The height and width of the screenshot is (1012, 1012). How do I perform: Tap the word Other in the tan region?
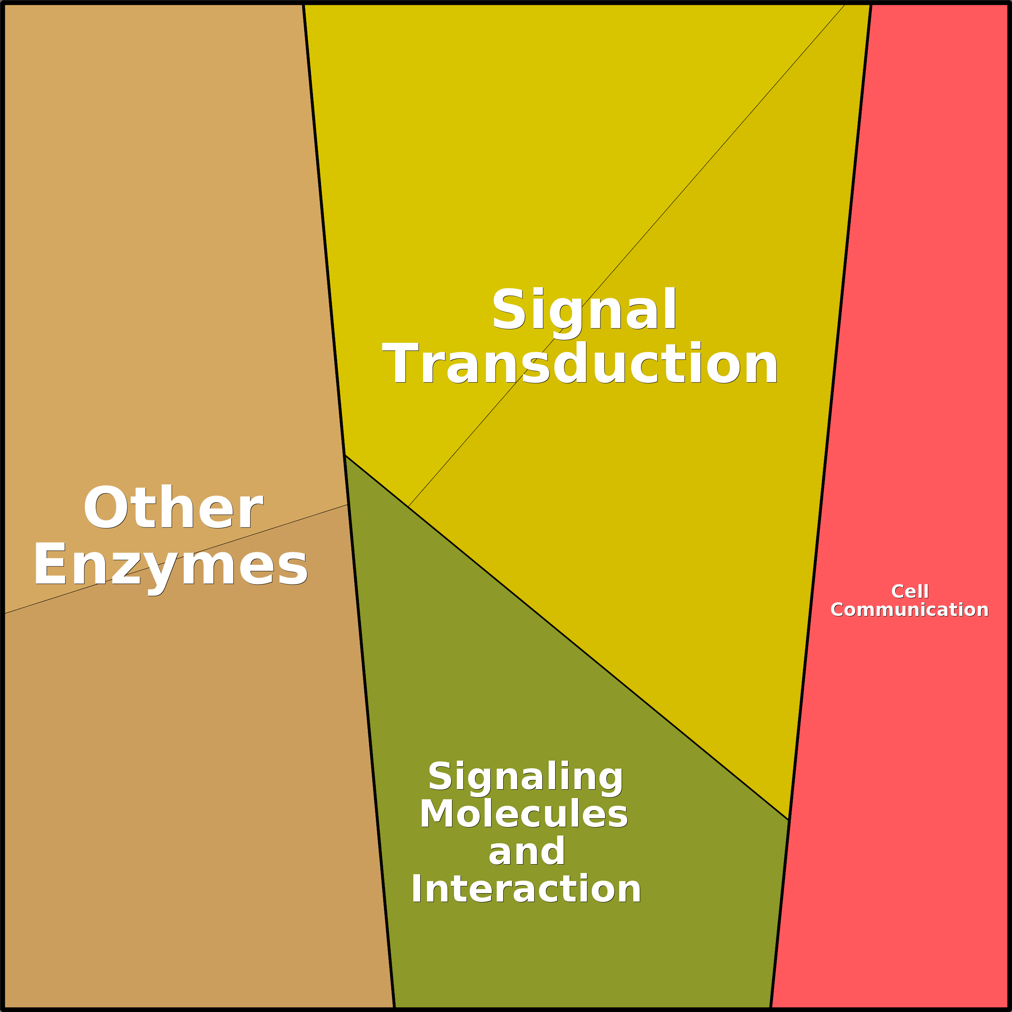pyautogui.click(x=173, y=507)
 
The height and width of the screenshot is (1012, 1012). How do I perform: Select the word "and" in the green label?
pyautogui.click(x=527, y=851)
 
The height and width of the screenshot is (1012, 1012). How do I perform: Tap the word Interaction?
pyautogui.click(x=526, y=889)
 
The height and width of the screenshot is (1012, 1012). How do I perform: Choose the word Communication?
pyautogui.click(x=909, y=610)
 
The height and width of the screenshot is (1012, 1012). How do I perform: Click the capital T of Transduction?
pyautogui.click(x=401, y=363)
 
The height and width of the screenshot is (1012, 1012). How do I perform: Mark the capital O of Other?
pyautogui.click(x=105, y=507)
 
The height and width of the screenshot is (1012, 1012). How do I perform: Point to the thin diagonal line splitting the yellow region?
pyautogui.click(x=626, y=256)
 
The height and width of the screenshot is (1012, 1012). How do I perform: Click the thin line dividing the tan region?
pyautogui.click(x=176, y=559)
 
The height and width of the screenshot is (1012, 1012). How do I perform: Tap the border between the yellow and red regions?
pyautogui.click(x=830, y=412)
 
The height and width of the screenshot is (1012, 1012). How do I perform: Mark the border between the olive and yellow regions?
pyautogui.click(x=567, y=637)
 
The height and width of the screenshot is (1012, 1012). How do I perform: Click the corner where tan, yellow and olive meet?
pyautogui.click(x=345, y=455)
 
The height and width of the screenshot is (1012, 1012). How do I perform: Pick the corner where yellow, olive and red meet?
pyautogui.click(x=789, y=820)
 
